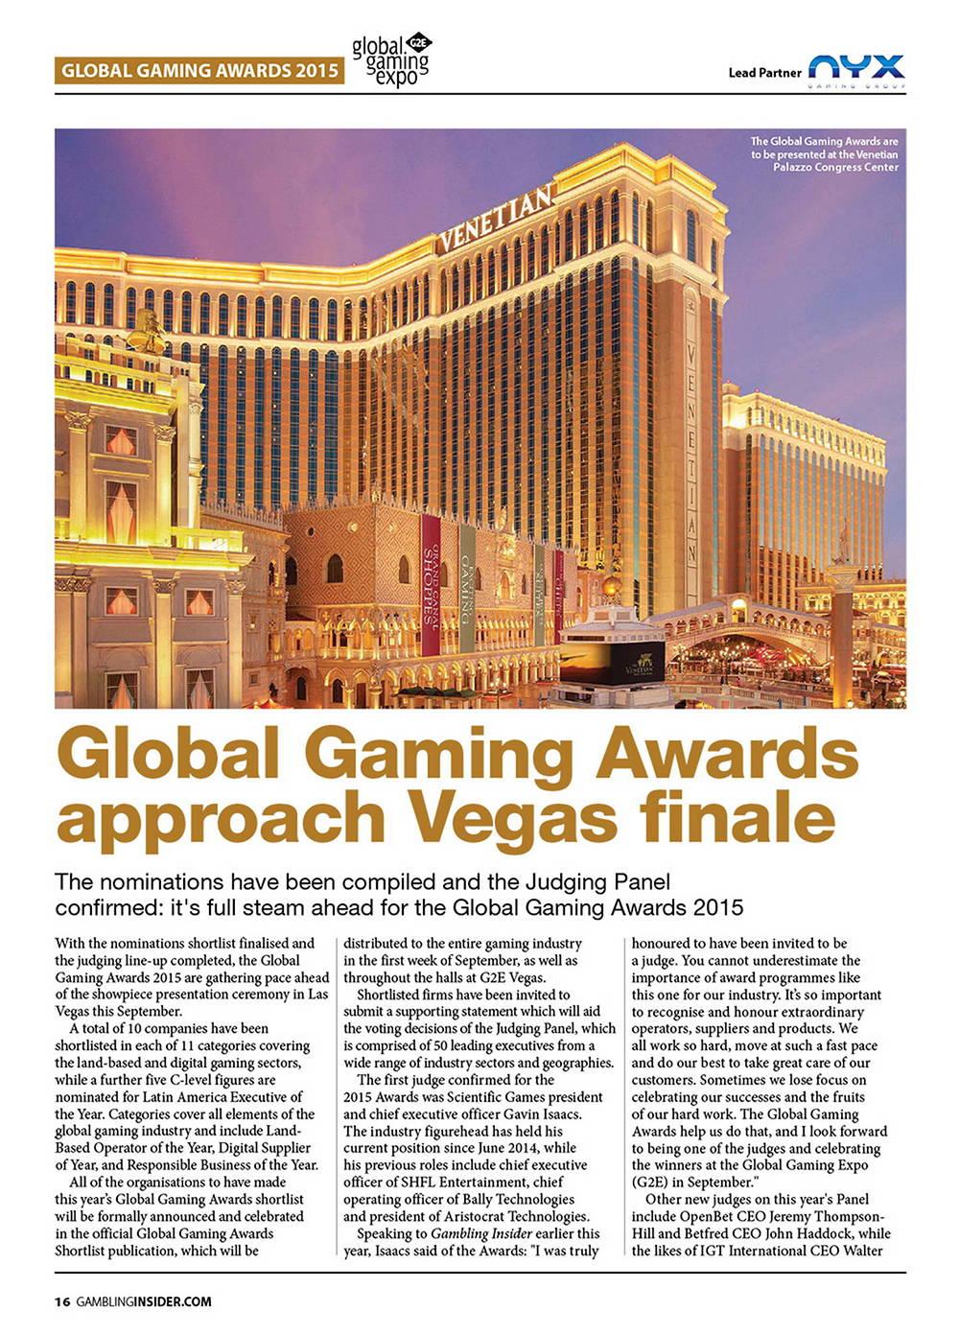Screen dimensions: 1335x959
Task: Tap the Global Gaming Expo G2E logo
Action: [391, 59]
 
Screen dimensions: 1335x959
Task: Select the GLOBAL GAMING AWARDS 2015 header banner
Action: [199, 70]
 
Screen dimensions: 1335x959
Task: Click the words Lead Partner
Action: [764, 72]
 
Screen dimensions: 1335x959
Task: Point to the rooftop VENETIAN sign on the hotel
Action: [496, 218]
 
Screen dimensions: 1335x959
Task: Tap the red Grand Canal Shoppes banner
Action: [430, 585]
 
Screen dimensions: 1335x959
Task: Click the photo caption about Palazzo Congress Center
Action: [824, 154]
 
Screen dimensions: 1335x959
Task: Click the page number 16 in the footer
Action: [62, 1301]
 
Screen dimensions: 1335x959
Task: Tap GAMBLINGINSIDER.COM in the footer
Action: [144, 1301]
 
